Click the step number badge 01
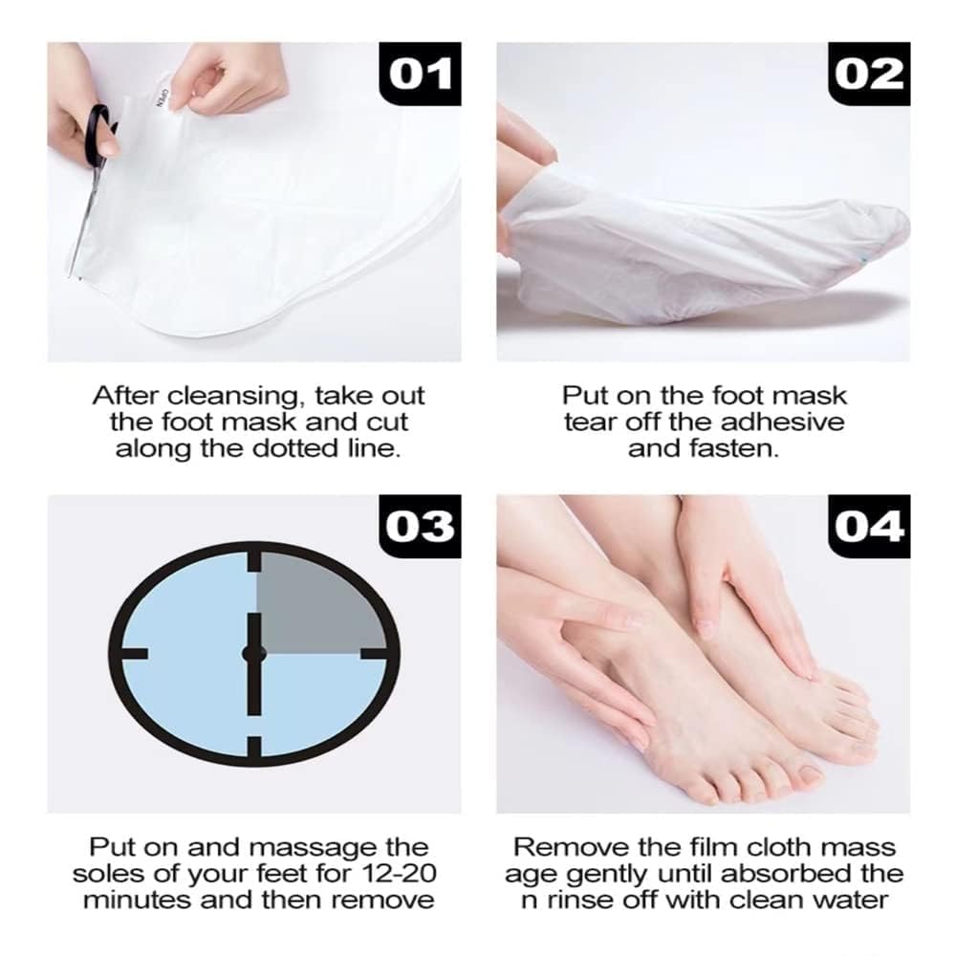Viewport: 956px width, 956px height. [x=421, y=74]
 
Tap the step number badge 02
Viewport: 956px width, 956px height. [x=869, y=74]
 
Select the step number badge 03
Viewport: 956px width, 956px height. [x=421, y=526]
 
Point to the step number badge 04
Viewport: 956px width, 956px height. [x=869, y=526]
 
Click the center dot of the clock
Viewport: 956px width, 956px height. [x=254, y=652]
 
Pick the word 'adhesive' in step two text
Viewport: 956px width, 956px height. [x=789, y=422]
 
